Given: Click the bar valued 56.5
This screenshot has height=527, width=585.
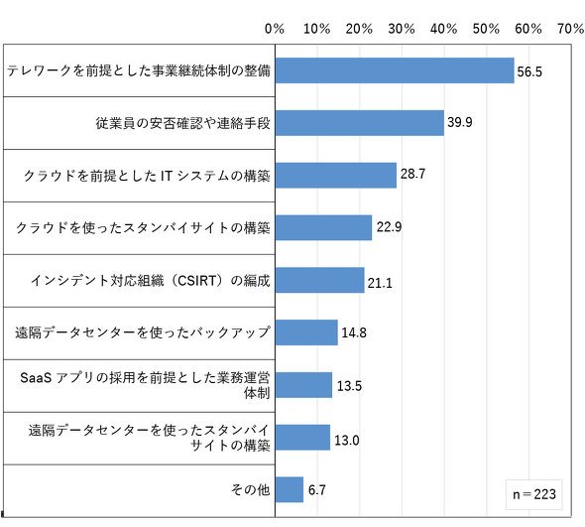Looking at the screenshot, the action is pyautogui.click(x=395, y=70).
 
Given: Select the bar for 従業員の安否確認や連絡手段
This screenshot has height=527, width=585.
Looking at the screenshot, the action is pyautogui.click(x=360, y=123).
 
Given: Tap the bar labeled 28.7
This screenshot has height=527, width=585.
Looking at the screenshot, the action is pyautogui.click(x=336, y=175).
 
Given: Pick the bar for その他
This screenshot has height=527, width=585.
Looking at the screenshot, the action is pyautogui.click(x=290, y=489).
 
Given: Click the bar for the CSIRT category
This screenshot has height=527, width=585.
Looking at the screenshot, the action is pyautogui.click(x=319, y=280).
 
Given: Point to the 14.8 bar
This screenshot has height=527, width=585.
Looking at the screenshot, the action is pyautogui.click(x=306, y=332).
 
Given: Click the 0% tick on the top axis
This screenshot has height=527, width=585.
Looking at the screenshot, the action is pyautogui.click(x=275, y=29).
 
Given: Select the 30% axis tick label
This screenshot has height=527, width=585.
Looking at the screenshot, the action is pyautogui.click(x=402, y=29).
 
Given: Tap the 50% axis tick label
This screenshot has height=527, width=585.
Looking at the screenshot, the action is pyautogui.click(x=486, y=29).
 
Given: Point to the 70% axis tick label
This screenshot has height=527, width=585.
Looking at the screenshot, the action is pyautogui.click(x=571, y=29).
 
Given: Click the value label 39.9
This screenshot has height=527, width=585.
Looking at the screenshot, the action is pyautogui.click(x=460, y=122).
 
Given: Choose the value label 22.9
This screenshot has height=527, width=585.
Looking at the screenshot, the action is pyautogui.click(x=389, y=226).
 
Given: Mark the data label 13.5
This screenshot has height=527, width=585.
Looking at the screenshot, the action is pyautogui.click(x=350, y=386).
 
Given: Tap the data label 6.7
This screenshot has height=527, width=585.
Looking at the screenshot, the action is pyautogui.click(x=316, y=489).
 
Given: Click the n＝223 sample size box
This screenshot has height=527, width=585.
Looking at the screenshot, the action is pyautogui.click(x=533, y=494).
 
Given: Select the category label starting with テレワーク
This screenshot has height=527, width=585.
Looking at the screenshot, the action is pyautogui.click(x=139, y=70).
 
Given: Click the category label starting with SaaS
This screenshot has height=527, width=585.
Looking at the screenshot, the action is pyautogui.click(x=145, y=385).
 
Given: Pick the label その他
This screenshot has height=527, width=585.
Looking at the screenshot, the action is pyautogui.click(x=250, y=489).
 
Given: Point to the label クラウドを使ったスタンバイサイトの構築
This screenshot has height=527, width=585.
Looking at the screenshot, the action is pyautogui.click(x=143, y=227).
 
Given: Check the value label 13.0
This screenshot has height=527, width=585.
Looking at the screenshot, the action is pyautogui.click(x=347, y=440).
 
